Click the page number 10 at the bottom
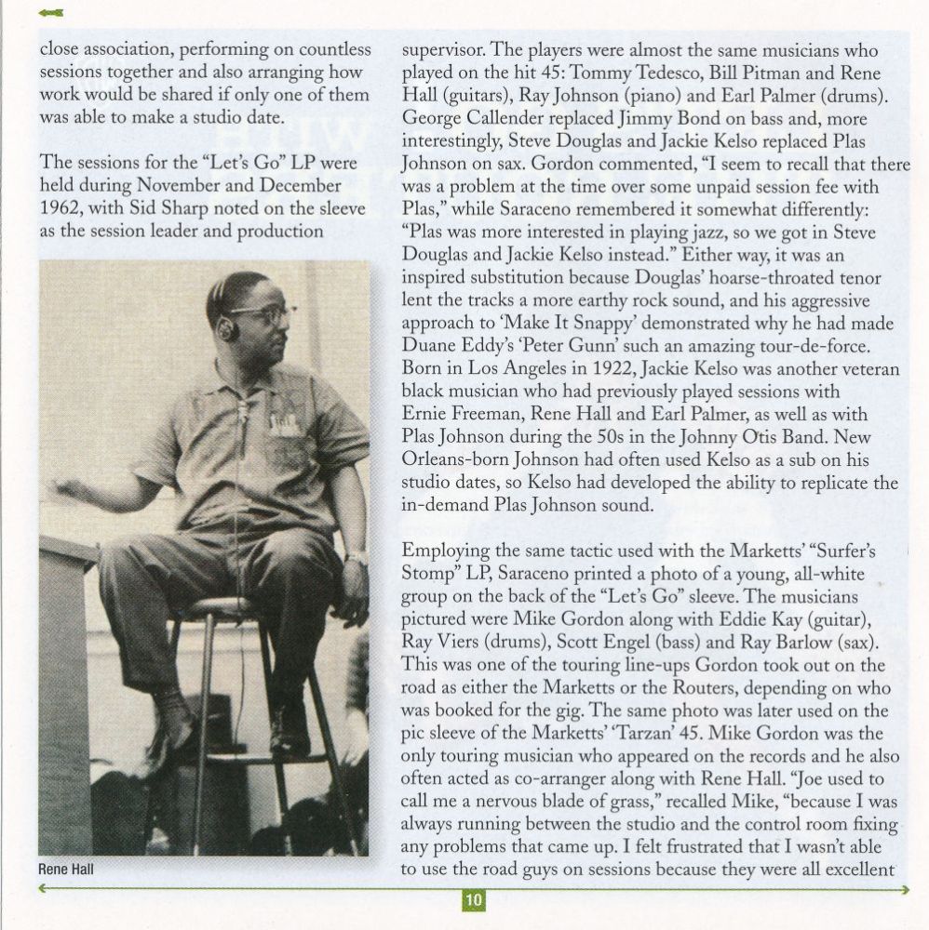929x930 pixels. tap(474, 900)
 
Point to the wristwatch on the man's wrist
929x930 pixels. tap(355, 559)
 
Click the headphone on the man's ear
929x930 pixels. tap(226, 328)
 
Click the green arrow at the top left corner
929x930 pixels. tap(52, 12)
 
